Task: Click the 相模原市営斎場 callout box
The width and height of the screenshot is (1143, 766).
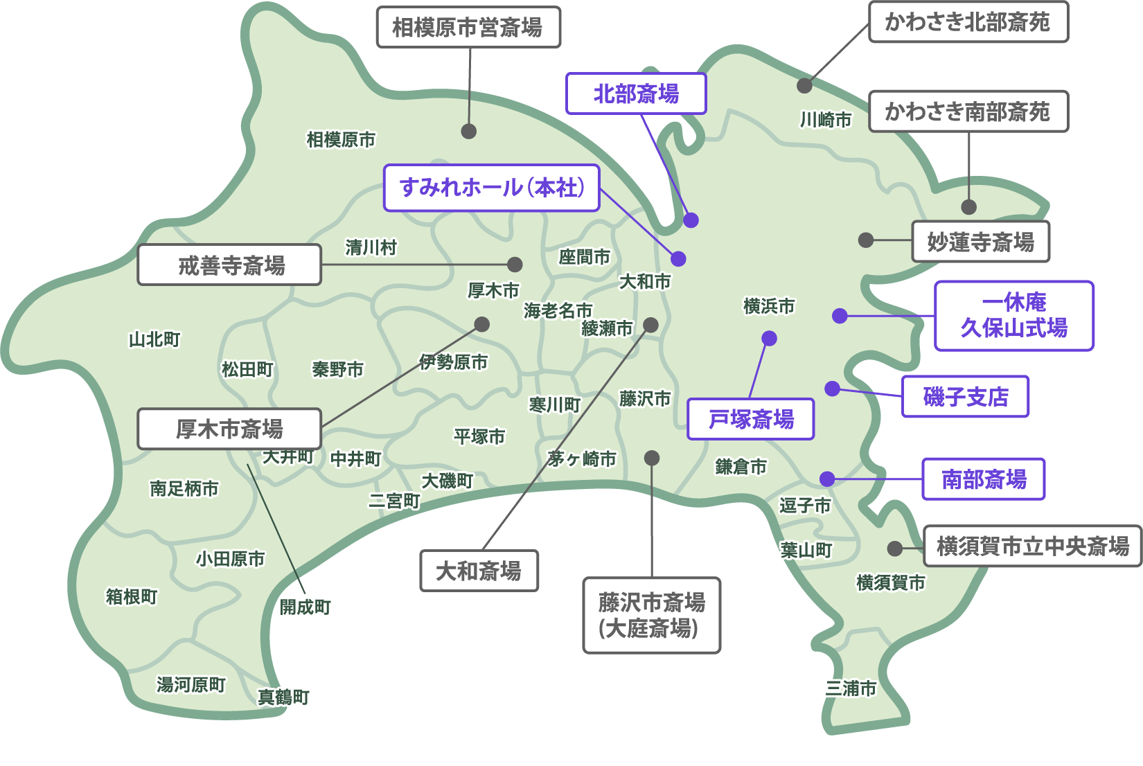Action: [x=468, y=28]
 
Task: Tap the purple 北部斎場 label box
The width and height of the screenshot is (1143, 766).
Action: [x=636, y=93]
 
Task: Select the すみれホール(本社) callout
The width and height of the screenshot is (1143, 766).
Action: [x=492, y=188]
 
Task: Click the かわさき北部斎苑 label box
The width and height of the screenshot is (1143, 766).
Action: [x=968, y=22]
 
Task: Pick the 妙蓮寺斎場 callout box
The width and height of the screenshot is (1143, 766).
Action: [x=980, y=242]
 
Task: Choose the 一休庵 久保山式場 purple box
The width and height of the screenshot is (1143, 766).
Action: [x=1013, y=316]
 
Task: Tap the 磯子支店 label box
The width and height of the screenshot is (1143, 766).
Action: [x=965, y=397]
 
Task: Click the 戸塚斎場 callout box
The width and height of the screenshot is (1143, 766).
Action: [x=750, y=419]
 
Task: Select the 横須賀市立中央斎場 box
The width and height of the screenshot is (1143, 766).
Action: [x=1032, y=546]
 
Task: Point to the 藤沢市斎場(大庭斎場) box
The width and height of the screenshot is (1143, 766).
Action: [x=651, y=615]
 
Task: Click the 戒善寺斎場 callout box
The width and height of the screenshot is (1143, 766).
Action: [x=230, y=265]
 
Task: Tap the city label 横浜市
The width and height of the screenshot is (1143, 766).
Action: [x=769, y=305]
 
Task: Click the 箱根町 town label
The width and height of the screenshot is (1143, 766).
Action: [x=132, y=596]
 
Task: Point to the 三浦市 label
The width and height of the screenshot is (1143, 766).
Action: [x=850, y=688]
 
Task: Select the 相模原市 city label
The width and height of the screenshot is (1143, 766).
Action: [x=341, y=139]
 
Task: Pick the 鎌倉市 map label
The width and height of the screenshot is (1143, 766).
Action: [x=741, y=467]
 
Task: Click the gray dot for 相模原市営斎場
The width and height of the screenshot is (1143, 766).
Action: [x=469, y=131]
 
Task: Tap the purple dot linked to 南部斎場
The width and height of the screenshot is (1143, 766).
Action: [x=827, y=479]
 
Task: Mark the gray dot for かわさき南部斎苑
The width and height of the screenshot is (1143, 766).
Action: [x=969, y=206]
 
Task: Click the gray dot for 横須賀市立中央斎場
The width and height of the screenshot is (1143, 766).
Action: [x=895, y=549]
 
